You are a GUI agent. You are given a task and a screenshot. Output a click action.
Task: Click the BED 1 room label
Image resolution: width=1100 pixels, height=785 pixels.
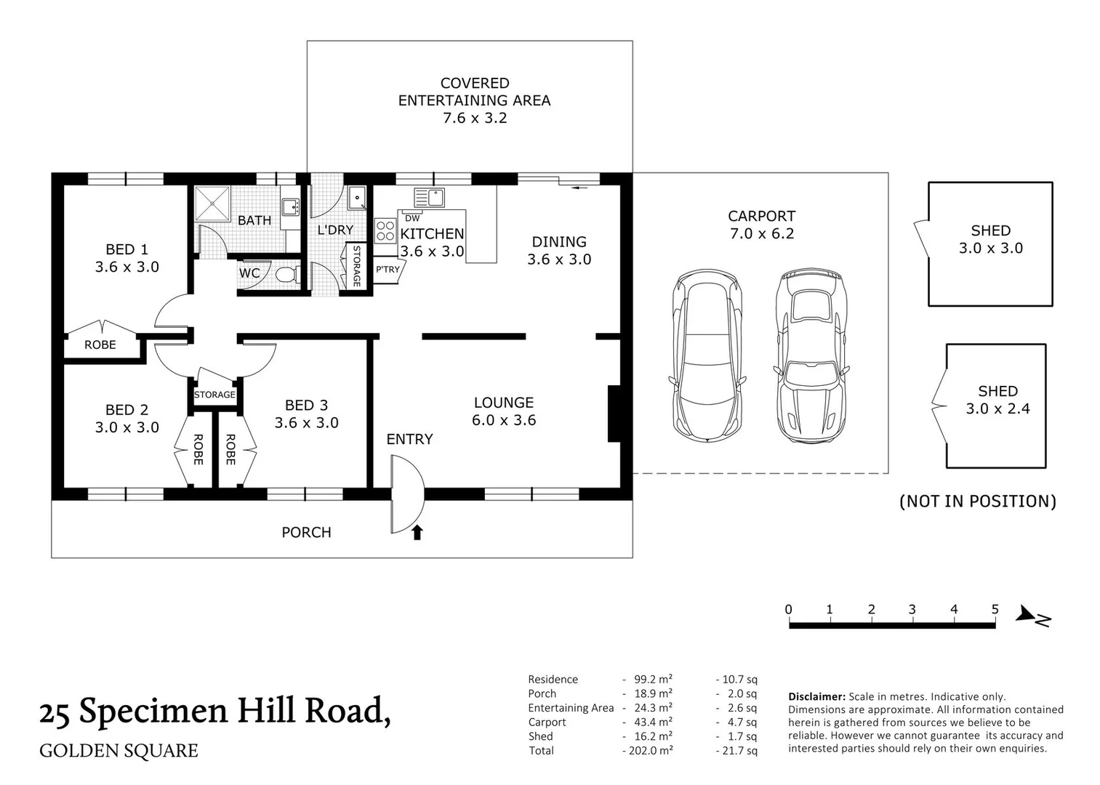127,258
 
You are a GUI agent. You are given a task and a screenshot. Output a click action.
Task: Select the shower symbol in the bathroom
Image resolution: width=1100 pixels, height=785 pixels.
213,203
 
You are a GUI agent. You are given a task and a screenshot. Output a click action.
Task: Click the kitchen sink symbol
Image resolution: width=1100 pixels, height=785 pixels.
429,198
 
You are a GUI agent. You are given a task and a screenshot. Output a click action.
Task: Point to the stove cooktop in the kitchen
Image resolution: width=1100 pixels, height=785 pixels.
385,231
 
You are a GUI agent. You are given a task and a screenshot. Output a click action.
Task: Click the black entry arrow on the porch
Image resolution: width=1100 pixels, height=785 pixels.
417,533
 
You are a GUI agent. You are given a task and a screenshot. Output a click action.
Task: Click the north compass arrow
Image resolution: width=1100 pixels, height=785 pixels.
1033,616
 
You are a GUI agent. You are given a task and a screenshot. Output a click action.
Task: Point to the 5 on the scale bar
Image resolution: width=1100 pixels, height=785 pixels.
995,610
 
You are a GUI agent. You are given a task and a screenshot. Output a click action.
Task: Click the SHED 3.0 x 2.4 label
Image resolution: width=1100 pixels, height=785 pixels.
997,400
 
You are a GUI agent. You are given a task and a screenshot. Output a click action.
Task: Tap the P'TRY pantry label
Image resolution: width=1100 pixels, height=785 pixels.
388,269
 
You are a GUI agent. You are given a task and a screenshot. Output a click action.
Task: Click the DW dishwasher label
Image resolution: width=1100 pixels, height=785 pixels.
412,218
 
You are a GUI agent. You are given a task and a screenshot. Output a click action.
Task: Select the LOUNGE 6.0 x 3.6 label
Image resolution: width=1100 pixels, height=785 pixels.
504,411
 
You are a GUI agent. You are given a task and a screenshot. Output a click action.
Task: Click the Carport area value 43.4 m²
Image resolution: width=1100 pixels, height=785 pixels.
649,722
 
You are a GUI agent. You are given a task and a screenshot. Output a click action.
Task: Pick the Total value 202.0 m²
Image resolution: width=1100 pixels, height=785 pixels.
647,750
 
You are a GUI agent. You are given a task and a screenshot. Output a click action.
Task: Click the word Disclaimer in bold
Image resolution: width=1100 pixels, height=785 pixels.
816,696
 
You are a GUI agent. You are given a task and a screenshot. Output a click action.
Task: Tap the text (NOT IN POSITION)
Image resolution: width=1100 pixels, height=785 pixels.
977,501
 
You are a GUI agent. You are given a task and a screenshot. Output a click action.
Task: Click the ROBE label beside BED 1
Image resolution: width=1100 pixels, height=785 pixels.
100,345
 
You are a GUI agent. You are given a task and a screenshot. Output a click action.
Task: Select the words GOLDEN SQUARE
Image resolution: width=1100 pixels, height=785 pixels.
119,750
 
